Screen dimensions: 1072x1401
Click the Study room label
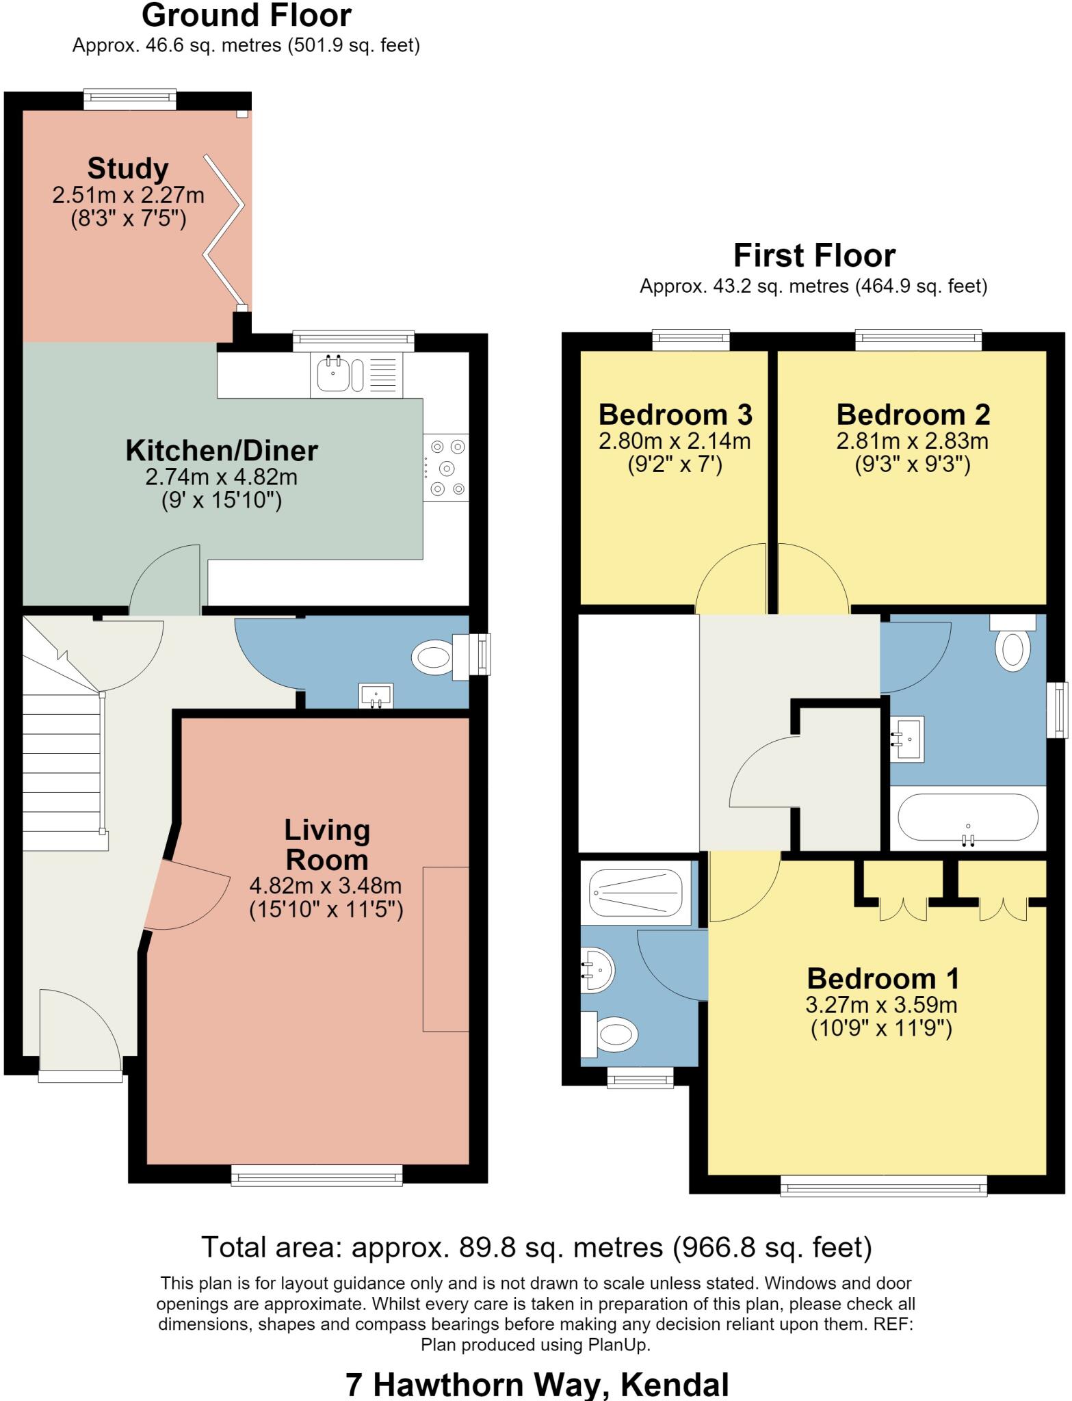[128, 168]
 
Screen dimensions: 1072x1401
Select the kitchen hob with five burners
[446, 469]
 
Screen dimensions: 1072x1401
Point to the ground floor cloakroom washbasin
[376, 696]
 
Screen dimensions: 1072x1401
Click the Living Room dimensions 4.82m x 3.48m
[326, 886]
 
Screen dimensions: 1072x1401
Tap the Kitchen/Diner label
[222, 451]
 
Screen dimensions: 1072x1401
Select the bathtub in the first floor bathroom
[967, 818]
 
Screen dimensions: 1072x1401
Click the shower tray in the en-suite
[636, 893]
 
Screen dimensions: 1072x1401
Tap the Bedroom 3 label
[675, 415]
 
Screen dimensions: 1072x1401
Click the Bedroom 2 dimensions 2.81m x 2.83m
[913, 441]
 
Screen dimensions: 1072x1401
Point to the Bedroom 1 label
[883, 978]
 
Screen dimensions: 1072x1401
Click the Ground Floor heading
[247, 16]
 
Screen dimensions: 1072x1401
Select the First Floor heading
[814, 256]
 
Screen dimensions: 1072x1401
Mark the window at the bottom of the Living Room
[317, 1175]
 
